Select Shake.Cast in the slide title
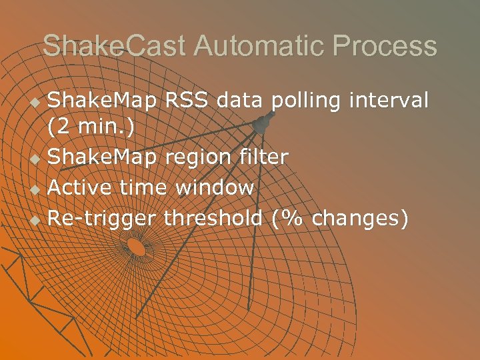115,46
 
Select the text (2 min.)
91,127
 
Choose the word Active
81,187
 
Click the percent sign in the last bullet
289,217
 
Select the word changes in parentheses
356,218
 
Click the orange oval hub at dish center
136,247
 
